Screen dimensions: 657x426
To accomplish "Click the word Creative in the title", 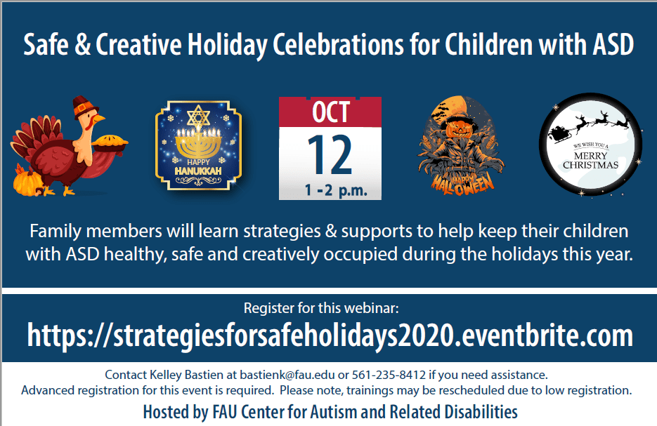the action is tap(138, 44).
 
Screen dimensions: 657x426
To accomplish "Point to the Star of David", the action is tap(198, 117).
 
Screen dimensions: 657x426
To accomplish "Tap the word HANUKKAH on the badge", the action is tap(198, 171).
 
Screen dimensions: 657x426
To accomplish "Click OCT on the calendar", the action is tap(330, 112).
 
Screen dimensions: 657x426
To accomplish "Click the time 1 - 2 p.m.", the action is tap(336, 190).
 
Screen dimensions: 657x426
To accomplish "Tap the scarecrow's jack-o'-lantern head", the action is tap(460, 125).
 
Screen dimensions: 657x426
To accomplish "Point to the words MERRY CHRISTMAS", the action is tap(590, 160).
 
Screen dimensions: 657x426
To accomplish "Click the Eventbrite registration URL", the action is tap(330, 335).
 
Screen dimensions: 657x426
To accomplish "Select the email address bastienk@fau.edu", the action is tap(287, 375).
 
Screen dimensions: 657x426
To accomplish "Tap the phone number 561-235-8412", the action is tap(389, 375).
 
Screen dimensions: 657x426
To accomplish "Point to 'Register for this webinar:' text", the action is tap(321, 308).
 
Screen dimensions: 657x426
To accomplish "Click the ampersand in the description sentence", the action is tap(331, 232).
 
